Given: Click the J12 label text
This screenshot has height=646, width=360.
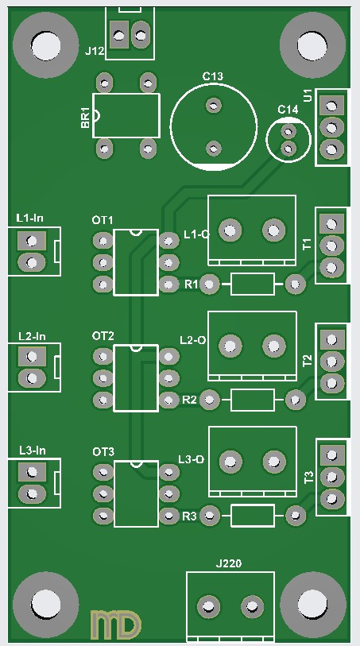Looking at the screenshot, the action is [95, 52].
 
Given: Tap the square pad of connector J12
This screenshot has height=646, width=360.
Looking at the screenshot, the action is [119, 35].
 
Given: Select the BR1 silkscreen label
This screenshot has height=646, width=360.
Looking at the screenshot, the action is [85, 118].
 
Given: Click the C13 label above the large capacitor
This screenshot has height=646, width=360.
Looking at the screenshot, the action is [212, 76].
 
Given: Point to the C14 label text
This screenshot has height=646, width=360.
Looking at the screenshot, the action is [288, 110].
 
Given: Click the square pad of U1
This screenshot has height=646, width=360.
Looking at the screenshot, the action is [331, 106].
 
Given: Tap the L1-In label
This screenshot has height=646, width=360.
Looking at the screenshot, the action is [29, 218].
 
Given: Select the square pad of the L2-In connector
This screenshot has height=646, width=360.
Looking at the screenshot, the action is [32, 356].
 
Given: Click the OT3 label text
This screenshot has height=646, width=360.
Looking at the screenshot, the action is [103, 452].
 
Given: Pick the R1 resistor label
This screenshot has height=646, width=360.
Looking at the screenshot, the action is [191, 284].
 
